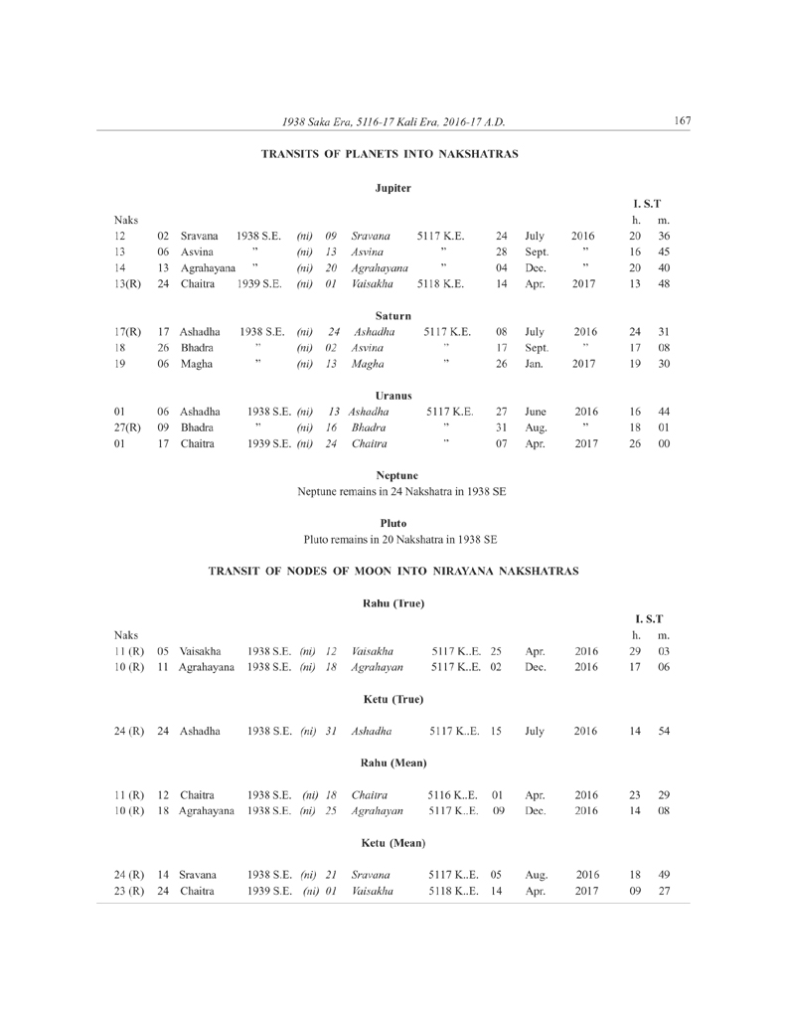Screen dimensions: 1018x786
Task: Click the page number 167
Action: (x=681, y=121)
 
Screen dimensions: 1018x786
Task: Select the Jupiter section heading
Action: (x=393, y=188)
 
